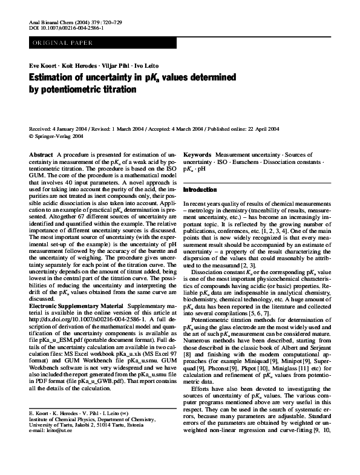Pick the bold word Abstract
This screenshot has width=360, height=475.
click(41, 156)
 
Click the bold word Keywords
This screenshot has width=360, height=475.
click(197, 156)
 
